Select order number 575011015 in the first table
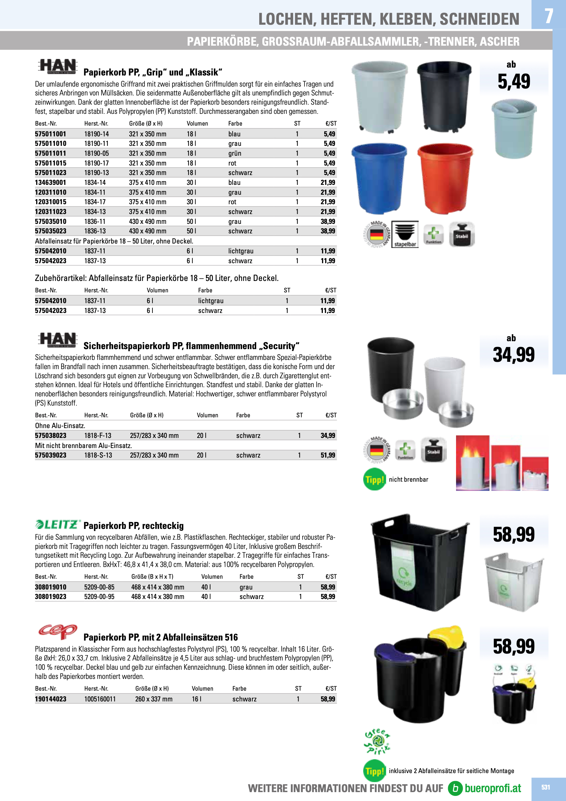[51, 163]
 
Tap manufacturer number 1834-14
[95, 182]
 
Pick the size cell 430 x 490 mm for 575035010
[147, 222]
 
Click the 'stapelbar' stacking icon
[405, 234]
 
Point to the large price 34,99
[513, 355]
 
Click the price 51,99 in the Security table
[328, 455]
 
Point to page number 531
[545, 787]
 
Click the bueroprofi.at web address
[492, 788]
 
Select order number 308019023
[51, 597]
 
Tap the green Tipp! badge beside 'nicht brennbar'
[374, 480]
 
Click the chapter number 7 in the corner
[549, 16]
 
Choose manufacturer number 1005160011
[100, 699]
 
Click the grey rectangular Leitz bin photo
[514, 582]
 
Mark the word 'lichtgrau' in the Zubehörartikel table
[211, 301]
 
